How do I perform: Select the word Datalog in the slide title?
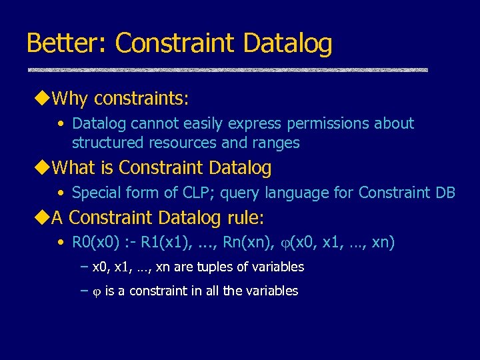click(x=288, y=43)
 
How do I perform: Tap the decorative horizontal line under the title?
click(x=227, y=70)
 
